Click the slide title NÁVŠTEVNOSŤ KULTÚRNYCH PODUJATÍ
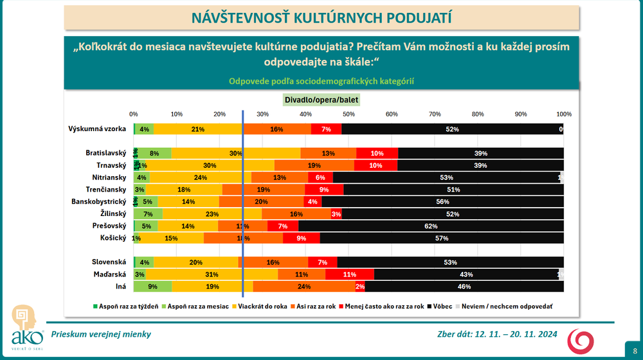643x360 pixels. tap(322, 17)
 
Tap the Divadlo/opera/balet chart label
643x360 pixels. tap(322, 100)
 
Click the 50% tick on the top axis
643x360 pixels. tap(349, 114)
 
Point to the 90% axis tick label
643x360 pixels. tap(521, 114)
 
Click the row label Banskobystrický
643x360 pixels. tap(98, 201)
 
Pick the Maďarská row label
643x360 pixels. tap(109, 274)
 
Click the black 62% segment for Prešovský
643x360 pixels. tap(431, 226)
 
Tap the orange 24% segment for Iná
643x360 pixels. tap(304, 287)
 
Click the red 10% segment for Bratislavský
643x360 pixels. tap(377, 153)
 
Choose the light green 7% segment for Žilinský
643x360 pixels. tap(148, 213)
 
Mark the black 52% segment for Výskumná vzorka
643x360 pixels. tap(452, 129)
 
